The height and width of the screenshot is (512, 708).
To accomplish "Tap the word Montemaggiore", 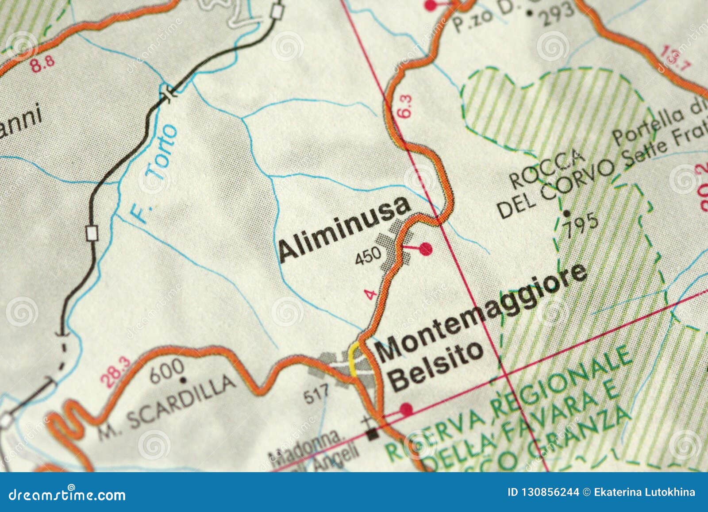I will point(482,312).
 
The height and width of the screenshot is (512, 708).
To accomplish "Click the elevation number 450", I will point(368,255).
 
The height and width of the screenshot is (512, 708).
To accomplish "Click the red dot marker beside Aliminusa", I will point(425,249).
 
